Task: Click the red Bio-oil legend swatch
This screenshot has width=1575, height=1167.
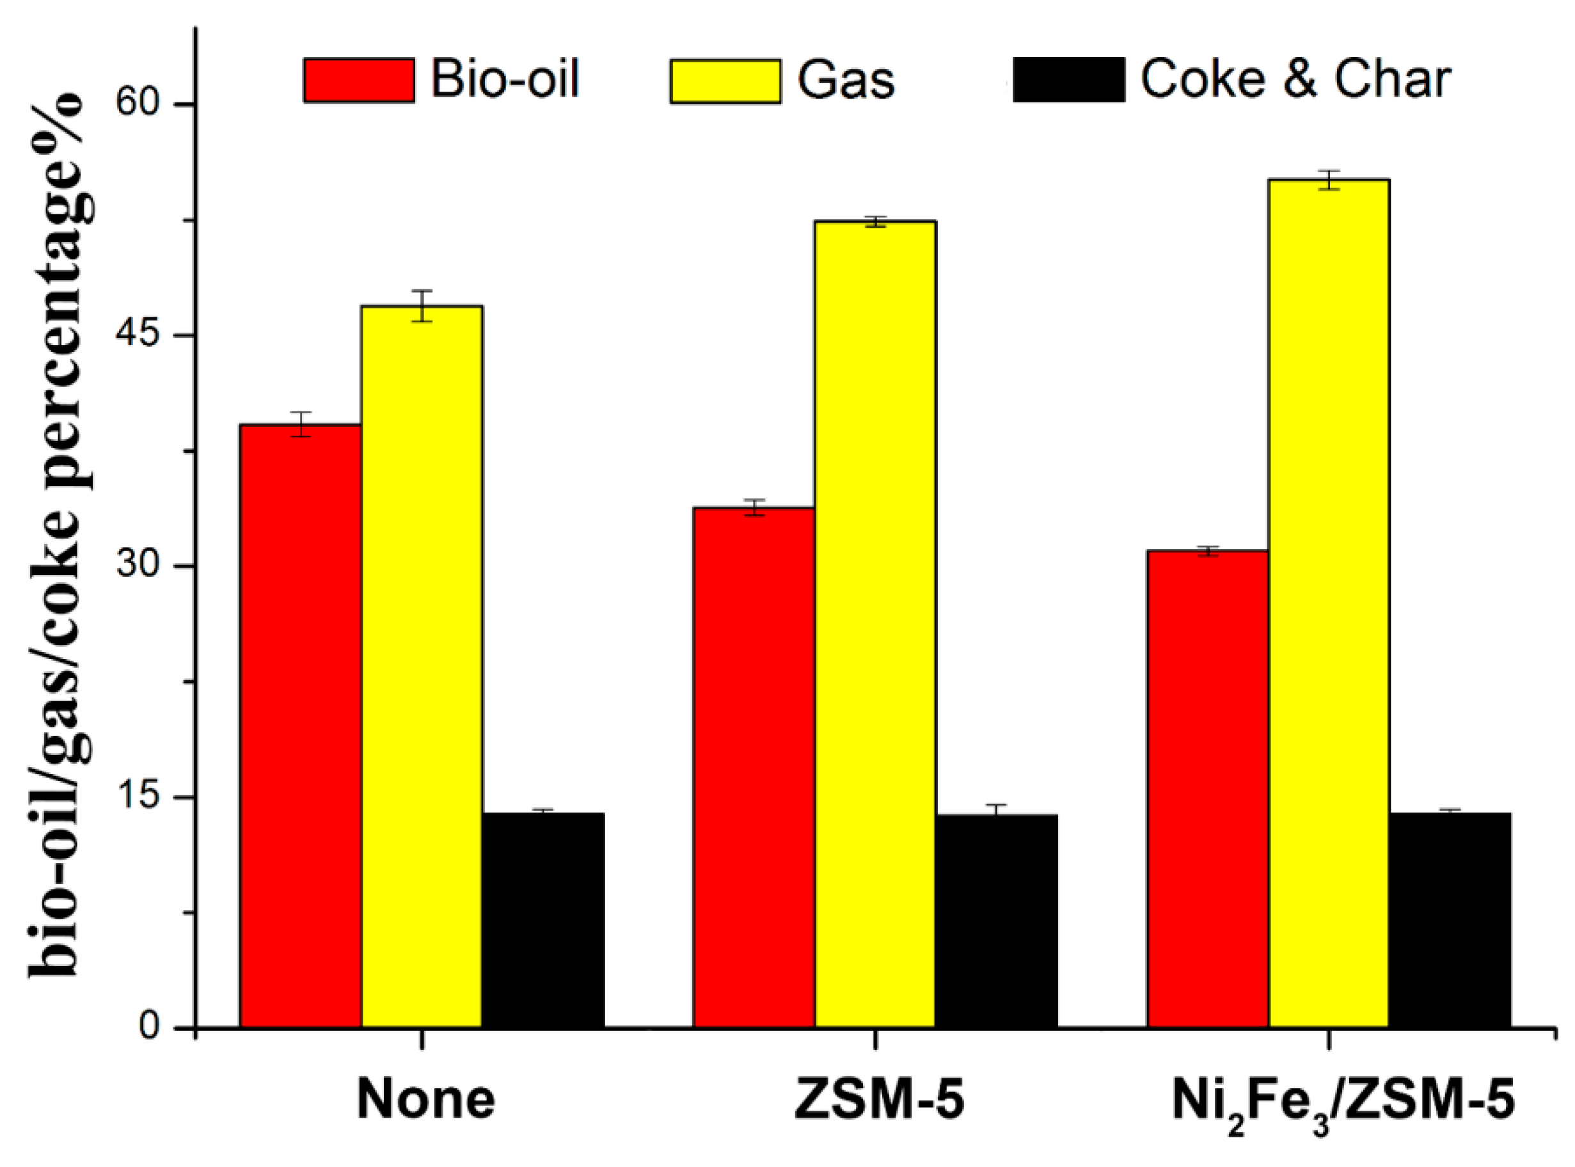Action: [x=359, y=81]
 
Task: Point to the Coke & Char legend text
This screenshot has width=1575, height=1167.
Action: [x=1295, y=79]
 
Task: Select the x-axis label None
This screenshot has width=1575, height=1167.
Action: [x=425, y=1100]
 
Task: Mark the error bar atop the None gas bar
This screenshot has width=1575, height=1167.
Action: [x=422, y=306]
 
